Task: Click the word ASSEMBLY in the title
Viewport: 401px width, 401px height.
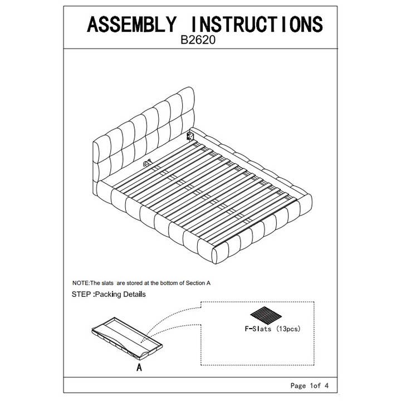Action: click(132, 25)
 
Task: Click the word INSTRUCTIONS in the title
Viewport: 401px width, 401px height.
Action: click(257, 25)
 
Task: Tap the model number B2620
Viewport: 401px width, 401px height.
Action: click(198, 40)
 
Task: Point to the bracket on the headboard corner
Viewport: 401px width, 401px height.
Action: click(190, 136)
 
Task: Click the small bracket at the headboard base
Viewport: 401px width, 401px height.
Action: click(147, 163)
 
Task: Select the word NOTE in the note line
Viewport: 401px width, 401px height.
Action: click(81, 283)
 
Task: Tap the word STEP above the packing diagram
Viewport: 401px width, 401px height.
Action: click(81, 295)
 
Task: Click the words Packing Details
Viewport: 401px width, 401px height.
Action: click(120, 295)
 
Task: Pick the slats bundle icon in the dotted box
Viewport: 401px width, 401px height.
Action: click(266, 315)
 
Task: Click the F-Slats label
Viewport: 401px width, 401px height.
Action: click(258, 329)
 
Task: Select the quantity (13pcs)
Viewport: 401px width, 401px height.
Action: click(288, 329)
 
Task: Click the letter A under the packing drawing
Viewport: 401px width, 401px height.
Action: click(139, 367)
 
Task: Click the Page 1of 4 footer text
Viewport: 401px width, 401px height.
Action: click(310, 385)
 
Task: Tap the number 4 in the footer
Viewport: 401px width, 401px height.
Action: click(326, 385)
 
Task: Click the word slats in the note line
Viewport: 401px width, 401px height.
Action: click(107, 283)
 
